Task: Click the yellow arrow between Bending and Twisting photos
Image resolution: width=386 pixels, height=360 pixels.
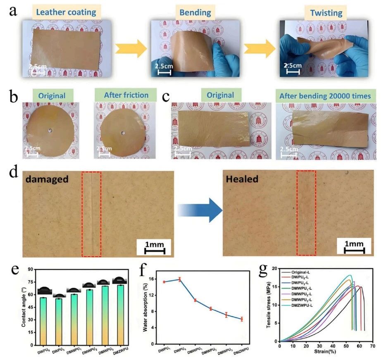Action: (x=259, y=49)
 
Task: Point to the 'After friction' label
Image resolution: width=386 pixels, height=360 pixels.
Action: (x=126, y=95)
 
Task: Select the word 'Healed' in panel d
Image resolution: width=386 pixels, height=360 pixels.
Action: (x=242, y=180)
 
